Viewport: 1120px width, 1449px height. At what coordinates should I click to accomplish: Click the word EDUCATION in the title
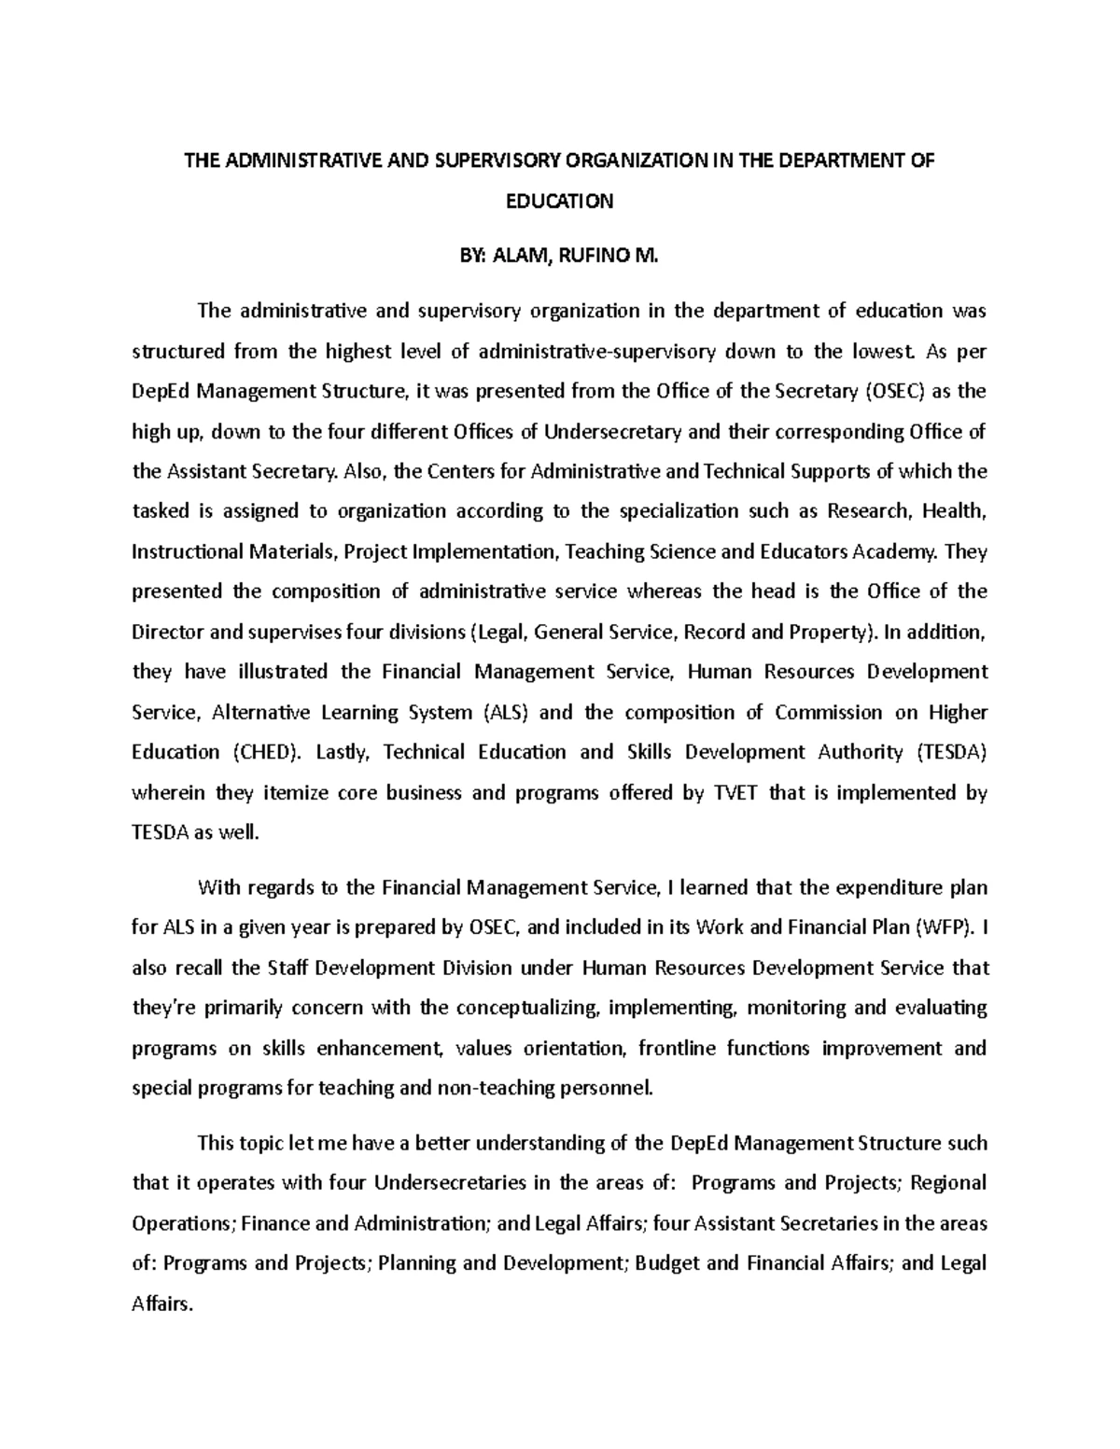pos(559,202)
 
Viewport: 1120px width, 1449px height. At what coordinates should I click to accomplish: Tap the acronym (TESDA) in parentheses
pos(950,752)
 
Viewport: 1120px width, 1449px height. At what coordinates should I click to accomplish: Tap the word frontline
pos(677,1048)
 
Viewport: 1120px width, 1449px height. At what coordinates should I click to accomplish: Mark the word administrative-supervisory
pos(596,352)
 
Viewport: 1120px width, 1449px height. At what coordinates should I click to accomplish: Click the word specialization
pos(676,511)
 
